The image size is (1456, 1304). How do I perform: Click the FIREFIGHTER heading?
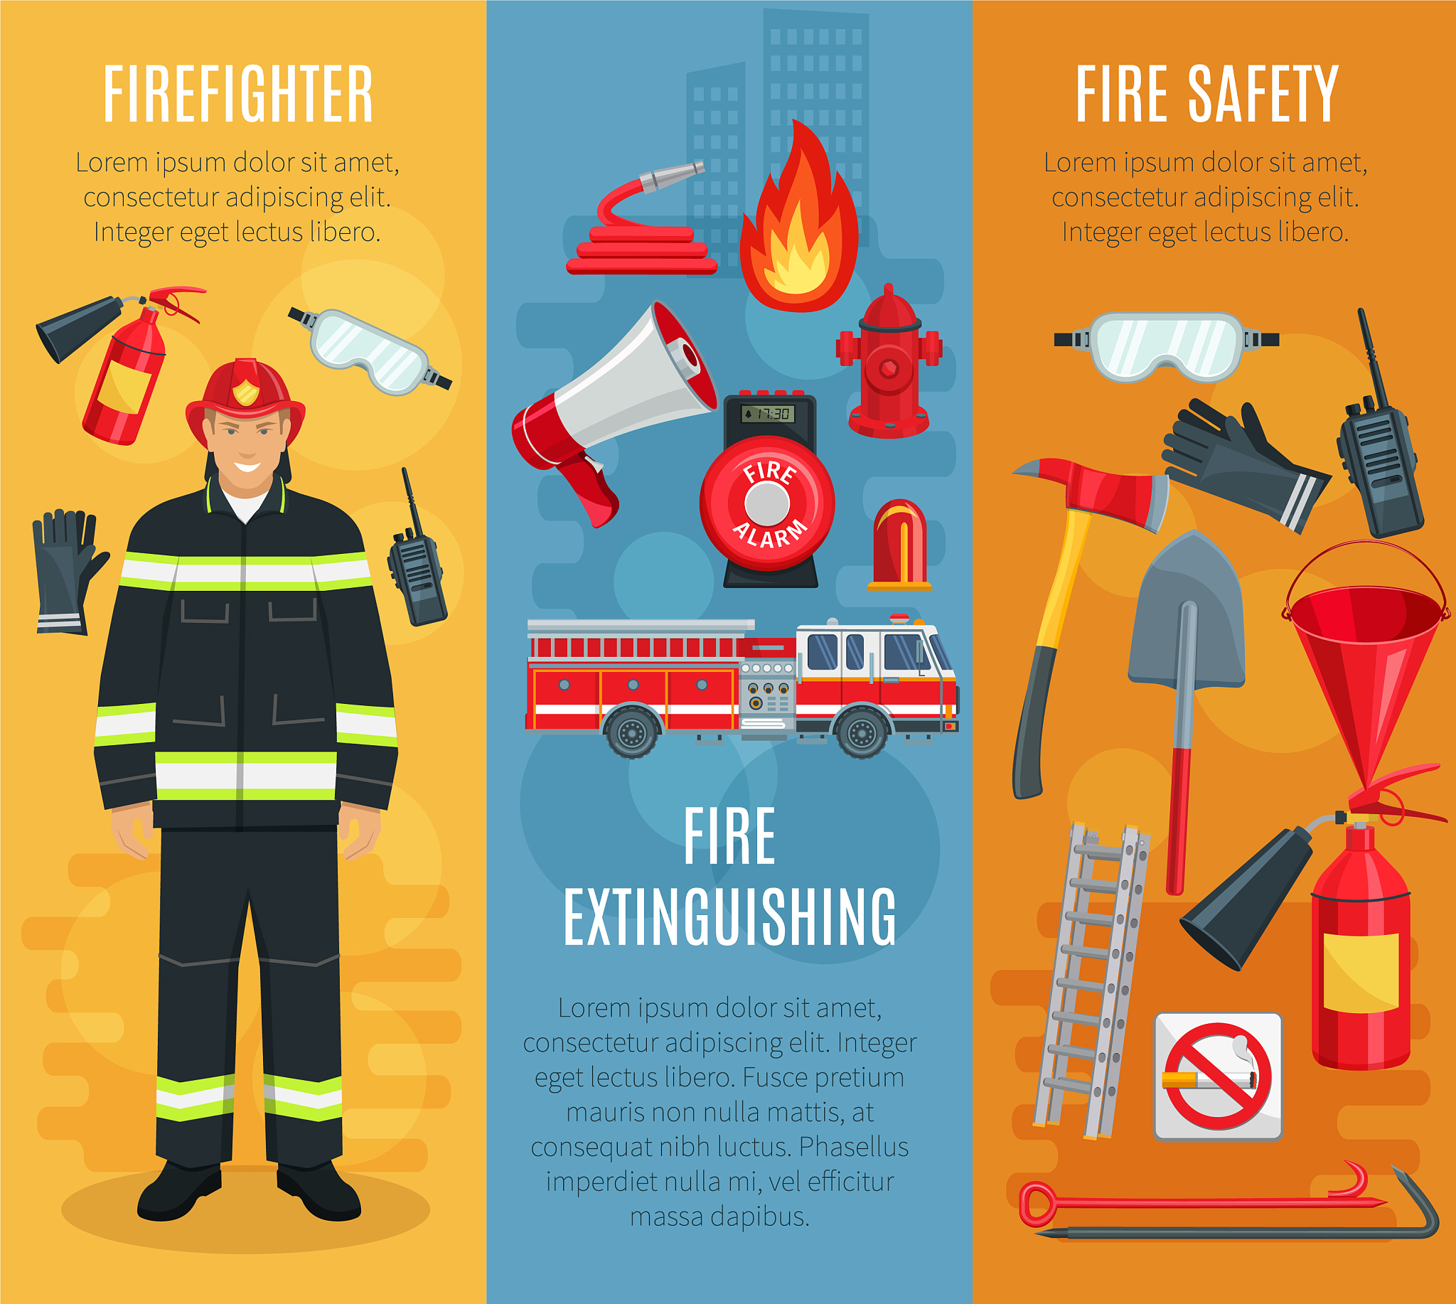[x=238, y=94]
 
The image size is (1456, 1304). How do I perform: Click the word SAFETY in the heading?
[x=1263, y=94]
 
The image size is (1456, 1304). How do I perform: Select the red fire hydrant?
[x=889, y=362]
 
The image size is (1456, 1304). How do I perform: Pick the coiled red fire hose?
[x=638, y=222]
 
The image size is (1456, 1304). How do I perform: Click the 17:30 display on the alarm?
[x=767, y=413]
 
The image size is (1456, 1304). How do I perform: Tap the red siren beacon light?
[x=899, y=545]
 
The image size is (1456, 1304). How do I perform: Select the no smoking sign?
[x=1218, y=1076]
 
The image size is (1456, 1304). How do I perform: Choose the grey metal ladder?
[x=1092, y=982]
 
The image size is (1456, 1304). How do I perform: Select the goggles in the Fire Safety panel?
[x=1167, y=347]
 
